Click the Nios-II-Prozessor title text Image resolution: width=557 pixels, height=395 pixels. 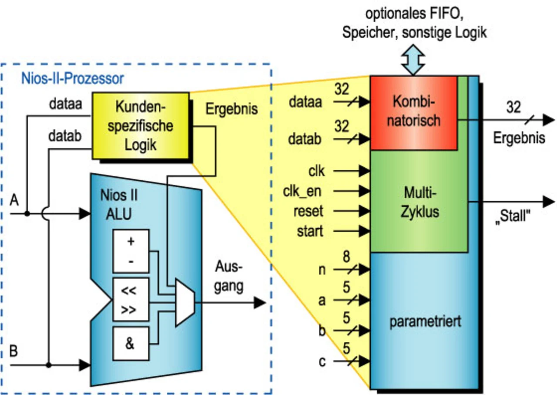click(72, 79)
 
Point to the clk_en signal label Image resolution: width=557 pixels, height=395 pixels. click(303, 191)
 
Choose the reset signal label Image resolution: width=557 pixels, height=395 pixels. click(308, 211)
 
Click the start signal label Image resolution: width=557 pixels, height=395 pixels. click(310, 231)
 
